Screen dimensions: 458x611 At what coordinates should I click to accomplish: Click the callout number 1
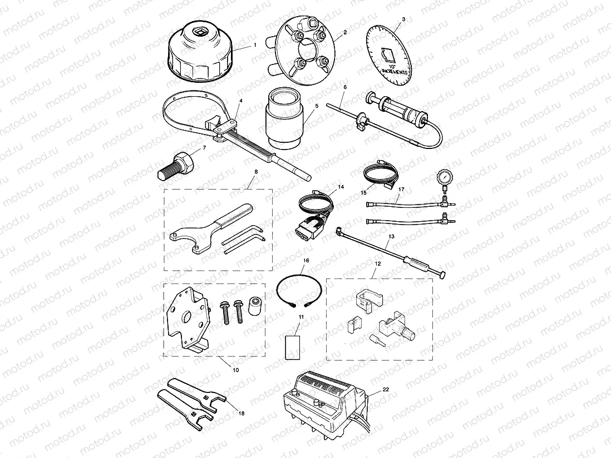coord(254,45)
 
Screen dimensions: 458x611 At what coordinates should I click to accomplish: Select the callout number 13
coord(391,237)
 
